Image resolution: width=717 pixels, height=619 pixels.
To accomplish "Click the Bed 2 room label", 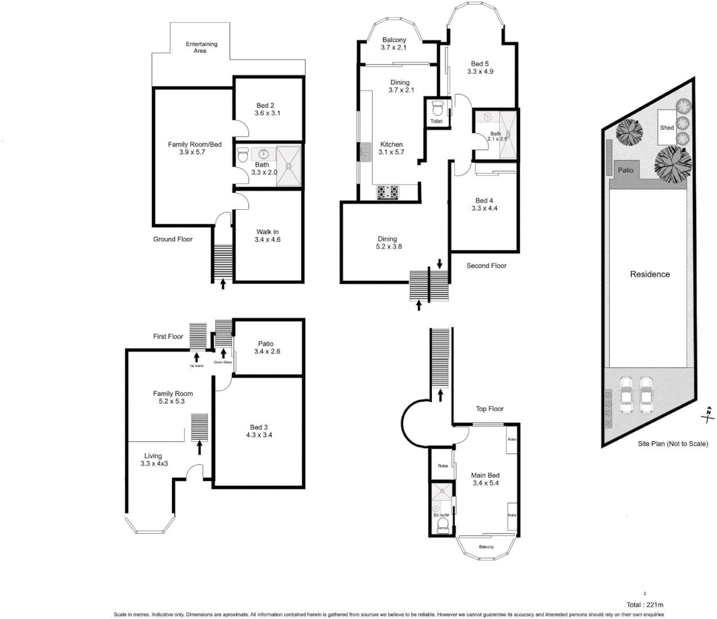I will point(265,105).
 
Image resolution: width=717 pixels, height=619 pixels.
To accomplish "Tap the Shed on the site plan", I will point(667,127).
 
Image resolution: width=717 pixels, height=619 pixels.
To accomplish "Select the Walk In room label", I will point(267,232).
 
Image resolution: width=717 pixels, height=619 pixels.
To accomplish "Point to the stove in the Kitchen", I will point(388,192).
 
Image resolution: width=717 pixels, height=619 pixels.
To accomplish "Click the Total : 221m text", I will point(645,605).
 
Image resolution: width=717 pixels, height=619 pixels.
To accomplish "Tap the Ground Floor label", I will point(173,239).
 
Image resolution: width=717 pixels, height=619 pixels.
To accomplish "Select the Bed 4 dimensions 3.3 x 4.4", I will point(484,209).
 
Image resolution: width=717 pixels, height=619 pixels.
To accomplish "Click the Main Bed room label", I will point(485,475).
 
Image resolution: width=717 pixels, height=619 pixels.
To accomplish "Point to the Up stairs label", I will point(197,365).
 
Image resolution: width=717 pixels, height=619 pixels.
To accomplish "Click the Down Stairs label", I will point(223,362).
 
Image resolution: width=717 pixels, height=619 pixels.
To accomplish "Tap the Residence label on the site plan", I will point(650,274).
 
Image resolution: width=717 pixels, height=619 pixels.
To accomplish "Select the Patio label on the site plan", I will point(625,170).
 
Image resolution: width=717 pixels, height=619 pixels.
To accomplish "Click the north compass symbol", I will point(709,414).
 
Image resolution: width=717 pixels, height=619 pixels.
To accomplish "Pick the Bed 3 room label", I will point(259,427).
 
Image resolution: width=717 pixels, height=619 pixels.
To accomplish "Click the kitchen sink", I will point(365,152).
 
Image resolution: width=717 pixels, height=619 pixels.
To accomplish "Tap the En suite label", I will point(441,515).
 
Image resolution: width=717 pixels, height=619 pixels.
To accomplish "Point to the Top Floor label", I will point(489,409).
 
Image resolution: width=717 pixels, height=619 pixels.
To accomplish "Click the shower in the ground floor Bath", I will point(289,166).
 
